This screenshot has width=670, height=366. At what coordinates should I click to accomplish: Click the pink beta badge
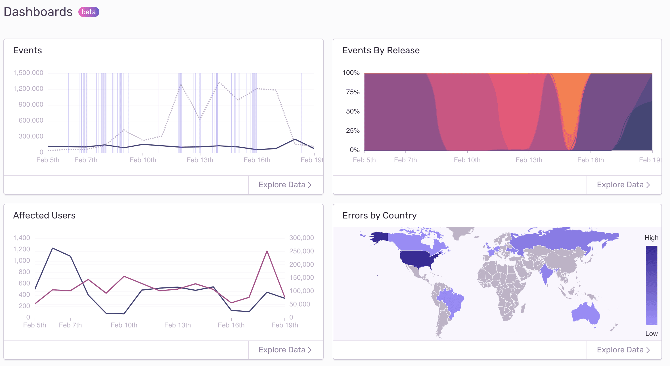coord(89,12)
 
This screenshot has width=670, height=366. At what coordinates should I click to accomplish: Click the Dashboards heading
coord(38,12)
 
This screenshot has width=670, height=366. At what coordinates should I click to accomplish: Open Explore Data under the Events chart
coord(285,185)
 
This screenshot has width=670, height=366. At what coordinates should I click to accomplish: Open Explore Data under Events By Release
coord(623,185)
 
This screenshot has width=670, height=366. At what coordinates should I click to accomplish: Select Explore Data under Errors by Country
coord(623,350)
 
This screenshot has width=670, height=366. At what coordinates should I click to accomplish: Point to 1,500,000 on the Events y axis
coord(28,73)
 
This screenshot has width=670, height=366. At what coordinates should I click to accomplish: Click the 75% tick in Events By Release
coord(353,92)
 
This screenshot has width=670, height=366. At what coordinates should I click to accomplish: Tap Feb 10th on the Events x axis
coord(143,160)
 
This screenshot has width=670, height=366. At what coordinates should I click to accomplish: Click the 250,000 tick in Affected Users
coord(301,251)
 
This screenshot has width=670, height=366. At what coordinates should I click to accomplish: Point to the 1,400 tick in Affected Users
coord(22,238)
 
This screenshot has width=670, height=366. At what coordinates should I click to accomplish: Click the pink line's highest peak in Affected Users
coord(267,251)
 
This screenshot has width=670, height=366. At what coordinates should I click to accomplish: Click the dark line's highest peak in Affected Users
coord(53,248)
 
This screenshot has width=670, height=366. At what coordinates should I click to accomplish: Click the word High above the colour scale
coord(651,238)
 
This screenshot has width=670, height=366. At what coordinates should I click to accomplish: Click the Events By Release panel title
coord(381,50)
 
